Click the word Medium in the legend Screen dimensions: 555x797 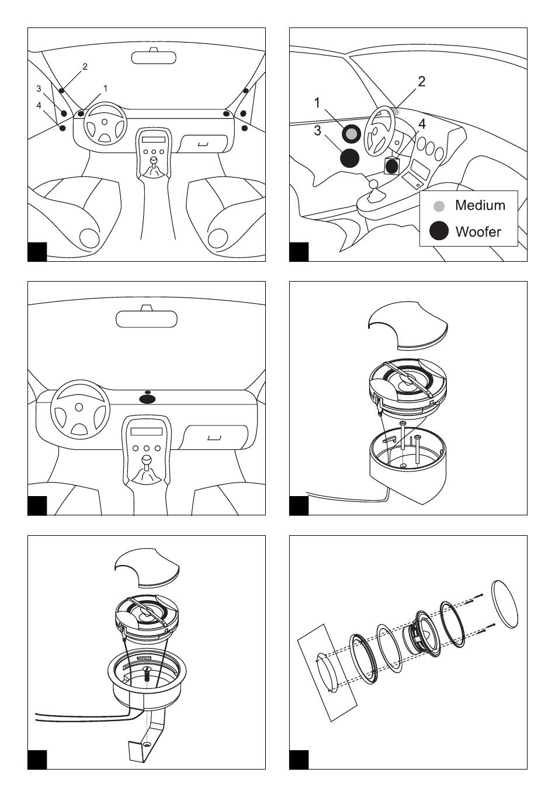480,205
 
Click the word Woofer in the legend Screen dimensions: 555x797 478,231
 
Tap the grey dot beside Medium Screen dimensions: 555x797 439,206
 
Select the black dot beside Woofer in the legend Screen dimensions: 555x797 439,231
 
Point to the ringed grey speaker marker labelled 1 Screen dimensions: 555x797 351,134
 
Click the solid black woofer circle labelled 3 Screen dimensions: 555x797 350,158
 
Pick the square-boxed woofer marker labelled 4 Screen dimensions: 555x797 392,166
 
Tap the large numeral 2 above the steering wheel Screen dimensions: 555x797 422,81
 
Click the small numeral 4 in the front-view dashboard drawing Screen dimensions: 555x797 39,105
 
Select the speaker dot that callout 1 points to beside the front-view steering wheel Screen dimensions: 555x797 81,114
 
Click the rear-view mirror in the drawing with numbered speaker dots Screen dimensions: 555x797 154,57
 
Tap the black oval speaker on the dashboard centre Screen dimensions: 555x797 147,399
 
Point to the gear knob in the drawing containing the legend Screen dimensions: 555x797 373,184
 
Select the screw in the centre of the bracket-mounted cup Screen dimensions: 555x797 147,674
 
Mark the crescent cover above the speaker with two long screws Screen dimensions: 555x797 408,324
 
